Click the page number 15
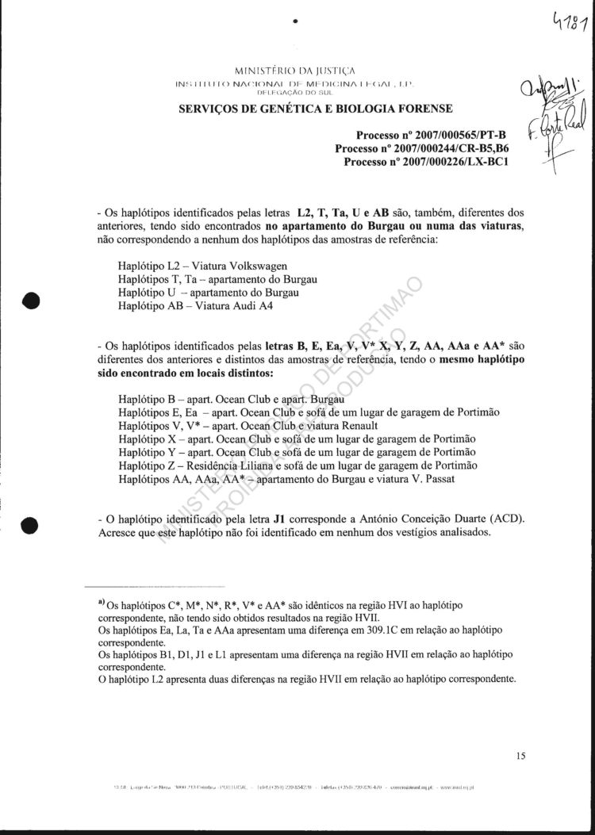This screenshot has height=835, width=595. (x=520, y=756)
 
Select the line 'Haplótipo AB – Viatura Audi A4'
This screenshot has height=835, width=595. (x=195, y=305)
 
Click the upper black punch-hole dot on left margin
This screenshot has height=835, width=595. (x=31, y=304)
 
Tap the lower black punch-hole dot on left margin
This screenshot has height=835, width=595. (x=31, y=525)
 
